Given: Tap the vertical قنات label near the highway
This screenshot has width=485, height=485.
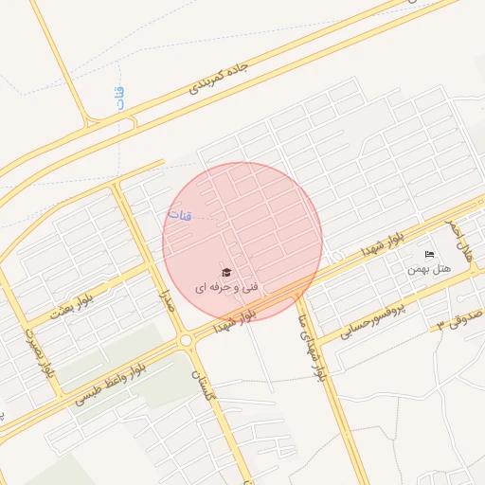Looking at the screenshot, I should pyautogui.click(x=120, y=99).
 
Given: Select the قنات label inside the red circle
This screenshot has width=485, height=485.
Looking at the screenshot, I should pyautogui.click(x=179, y=215).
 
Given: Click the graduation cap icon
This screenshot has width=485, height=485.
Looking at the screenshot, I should pyautogui.click(x=225, y=273).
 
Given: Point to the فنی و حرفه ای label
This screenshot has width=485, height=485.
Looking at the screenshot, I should pyautogui.click(x=226, y=285).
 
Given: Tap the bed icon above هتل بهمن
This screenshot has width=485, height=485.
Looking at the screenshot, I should pyautogui.click(x=429, y=254).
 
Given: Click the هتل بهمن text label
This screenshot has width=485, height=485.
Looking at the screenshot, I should pyautogui.click(x=429, y=269).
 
